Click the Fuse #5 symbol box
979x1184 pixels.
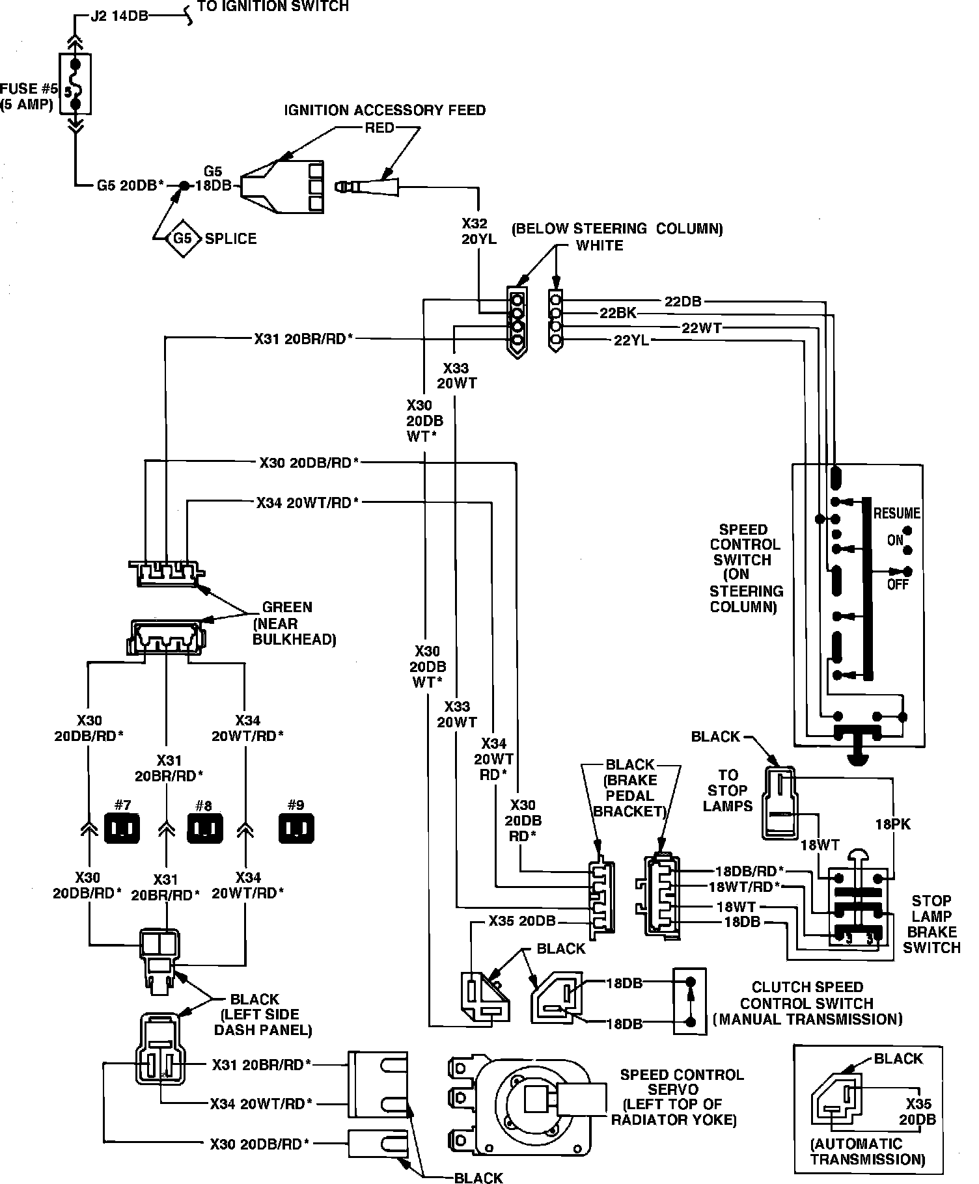[75, 84]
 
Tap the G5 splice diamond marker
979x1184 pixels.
[183, 238]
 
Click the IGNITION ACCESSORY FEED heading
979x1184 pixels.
[385, 110]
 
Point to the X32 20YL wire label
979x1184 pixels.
[479, 231]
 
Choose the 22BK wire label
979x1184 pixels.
[617, 314]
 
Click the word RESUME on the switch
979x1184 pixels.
[896, 513]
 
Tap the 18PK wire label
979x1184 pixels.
[892, 824]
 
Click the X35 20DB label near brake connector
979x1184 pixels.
[522, 921]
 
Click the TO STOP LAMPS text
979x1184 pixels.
[728, 790]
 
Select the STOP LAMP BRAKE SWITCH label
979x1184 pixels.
[931, 924]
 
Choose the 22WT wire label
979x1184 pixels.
[701, 328]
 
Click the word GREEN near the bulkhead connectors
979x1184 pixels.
[287, 607]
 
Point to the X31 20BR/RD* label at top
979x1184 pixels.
[303, 338]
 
